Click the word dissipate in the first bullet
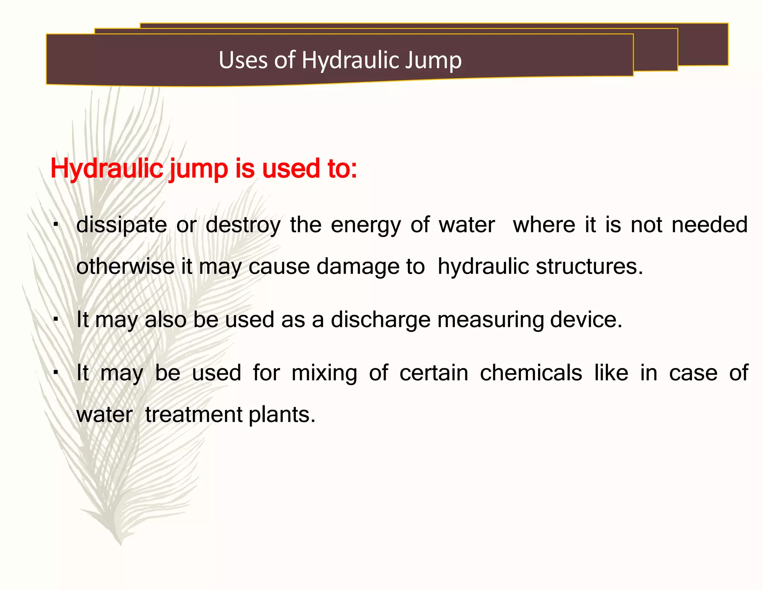[x=121, y=225]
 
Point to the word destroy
[x=243, y=225]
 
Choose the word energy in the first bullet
[x=365, y=225]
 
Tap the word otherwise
[x=125, y=267]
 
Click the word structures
[x=589, y=267]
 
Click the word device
[x=586, y=320]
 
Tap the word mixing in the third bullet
[x=324, y=373]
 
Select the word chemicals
[x=531, y=373]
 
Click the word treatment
[x=194, y=414]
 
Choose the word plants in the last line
[x=282, y=414]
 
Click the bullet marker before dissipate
[x=56, y=225]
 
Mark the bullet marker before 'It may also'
[x=56, y=320]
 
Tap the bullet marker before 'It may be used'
[x=56, y=373]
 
